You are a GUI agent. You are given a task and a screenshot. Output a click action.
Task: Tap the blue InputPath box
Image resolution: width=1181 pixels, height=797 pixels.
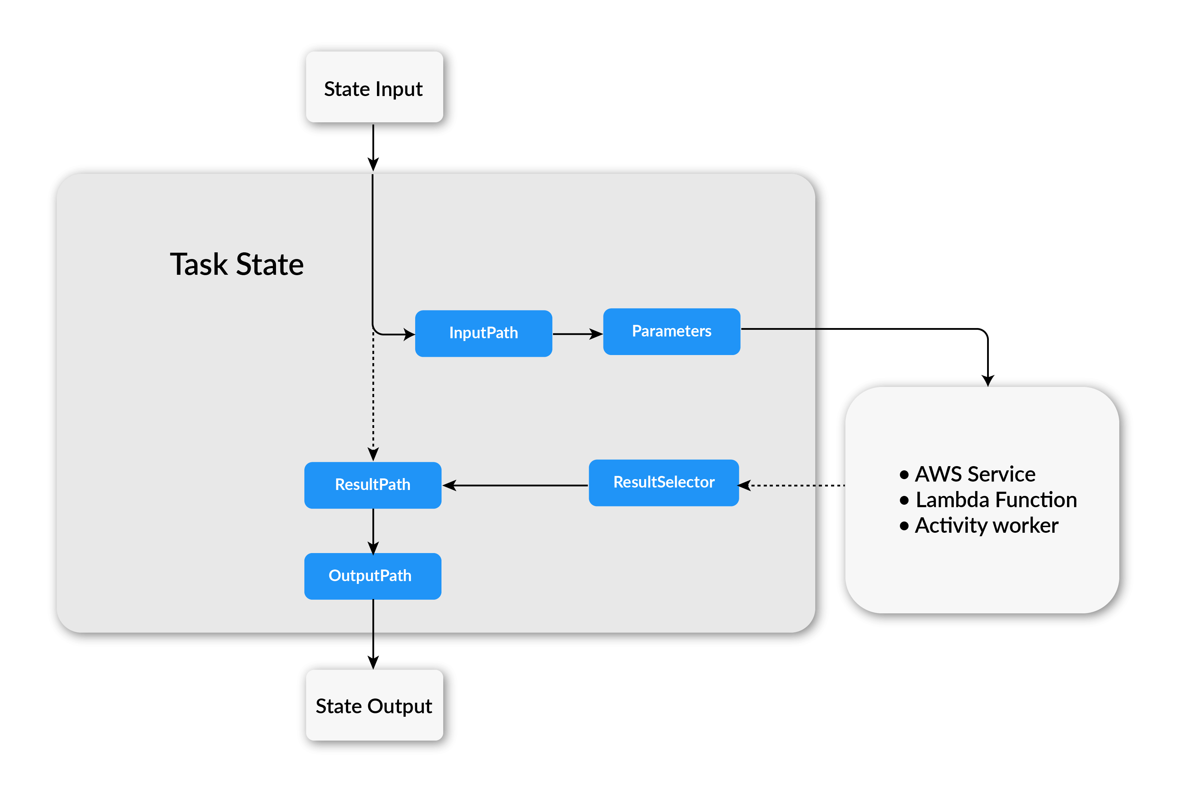coord(483,333)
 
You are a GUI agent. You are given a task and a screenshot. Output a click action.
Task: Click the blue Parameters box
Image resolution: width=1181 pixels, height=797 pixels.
coord(671,331)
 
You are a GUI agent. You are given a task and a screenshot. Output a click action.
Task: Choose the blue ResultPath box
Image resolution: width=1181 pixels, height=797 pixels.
coord(372,485)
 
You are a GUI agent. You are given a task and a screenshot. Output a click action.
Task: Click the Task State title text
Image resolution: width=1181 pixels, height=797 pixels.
coord(237,265)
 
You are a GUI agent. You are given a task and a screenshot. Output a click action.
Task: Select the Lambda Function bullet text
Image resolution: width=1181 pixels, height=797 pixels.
coord(996,500)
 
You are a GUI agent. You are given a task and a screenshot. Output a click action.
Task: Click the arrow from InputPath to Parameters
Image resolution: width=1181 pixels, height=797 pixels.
coord(577,334)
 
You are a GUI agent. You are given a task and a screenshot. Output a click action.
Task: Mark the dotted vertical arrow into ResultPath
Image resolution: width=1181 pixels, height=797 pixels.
coord(373,396)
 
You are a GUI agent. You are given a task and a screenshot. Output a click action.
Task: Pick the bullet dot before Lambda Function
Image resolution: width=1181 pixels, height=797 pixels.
coord(904,500)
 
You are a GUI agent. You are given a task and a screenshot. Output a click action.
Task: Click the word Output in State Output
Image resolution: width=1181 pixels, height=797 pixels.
coord(399,706)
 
